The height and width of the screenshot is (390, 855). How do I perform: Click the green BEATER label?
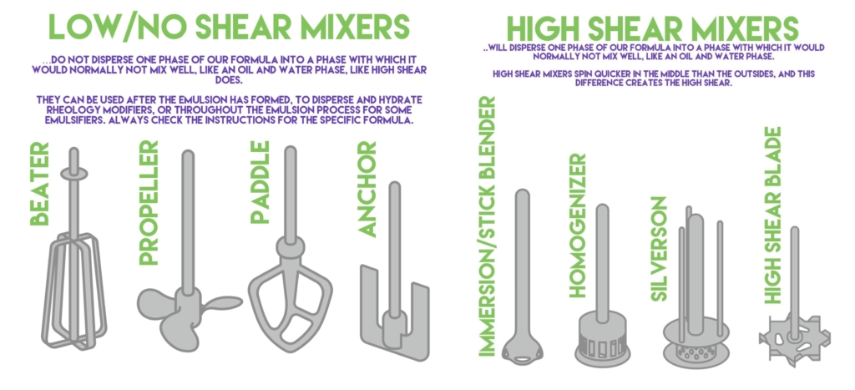point(39,184)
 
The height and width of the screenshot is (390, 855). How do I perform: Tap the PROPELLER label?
point(149,203)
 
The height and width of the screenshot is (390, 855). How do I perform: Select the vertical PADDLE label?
point(261,183)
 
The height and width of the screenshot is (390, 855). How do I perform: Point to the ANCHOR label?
point(368,190)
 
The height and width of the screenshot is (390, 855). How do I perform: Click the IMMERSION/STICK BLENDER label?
point(487,227)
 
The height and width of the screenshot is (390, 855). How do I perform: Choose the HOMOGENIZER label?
point(577,225)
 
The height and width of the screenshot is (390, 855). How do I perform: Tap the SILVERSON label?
point(660,249)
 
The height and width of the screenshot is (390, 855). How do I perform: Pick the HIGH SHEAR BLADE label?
point(772,216)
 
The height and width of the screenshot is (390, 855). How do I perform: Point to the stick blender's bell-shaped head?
point(523,348)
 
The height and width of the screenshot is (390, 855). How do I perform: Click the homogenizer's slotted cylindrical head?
point(602,342)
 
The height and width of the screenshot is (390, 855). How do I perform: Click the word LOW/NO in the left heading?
point(116,26)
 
